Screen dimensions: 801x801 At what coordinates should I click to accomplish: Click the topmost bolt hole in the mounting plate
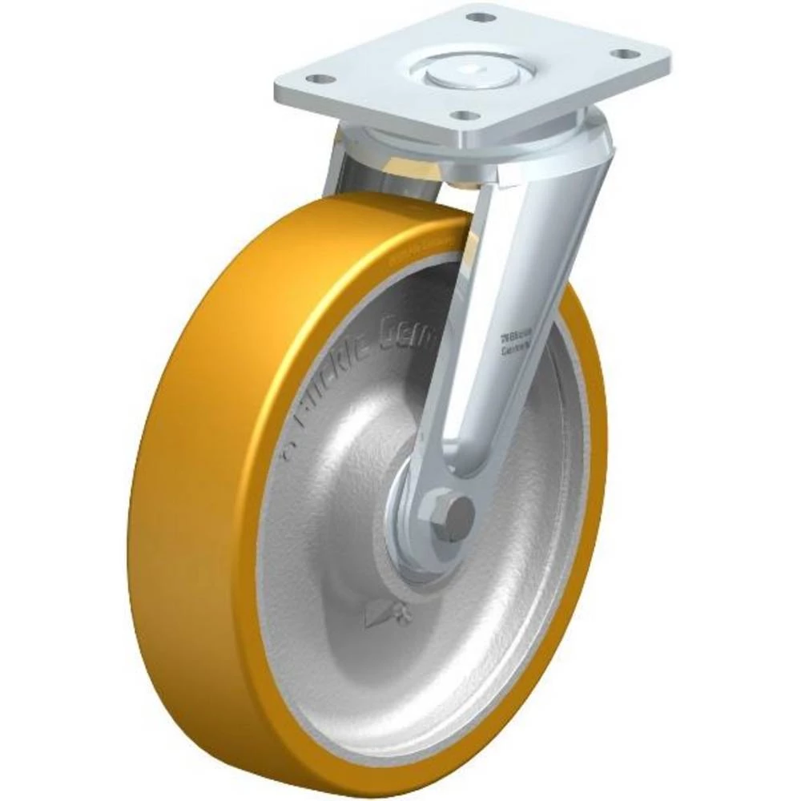479,17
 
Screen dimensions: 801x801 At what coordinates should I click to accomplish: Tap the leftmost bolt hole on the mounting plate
318,79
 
